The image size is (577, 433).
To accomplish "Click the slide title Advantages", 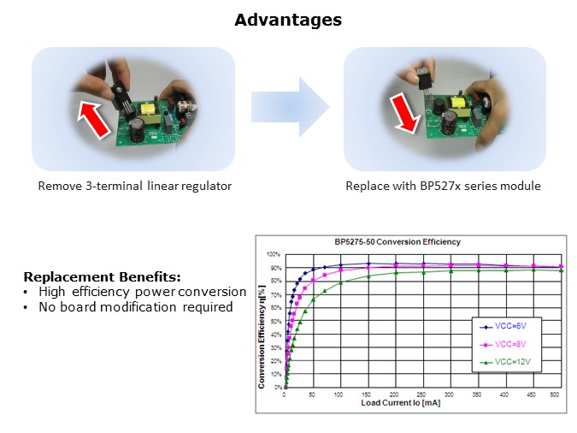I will coord(288,19).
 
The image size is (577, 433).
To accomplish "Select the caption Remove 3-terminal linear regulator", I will coord(134,186).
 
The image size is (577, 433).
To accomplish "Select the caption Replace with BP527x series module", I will coord(443,186).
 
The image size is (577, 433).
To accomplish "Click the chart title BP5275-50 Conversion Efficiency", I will coord(409,241).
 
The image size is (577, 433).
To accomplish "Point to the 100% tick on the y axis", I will coord(273,255).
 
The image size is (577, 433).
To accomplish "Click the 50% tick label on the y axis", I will coord(274,321).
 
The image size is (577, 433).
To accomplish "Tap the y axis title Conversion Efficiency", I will coord(262,326).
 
